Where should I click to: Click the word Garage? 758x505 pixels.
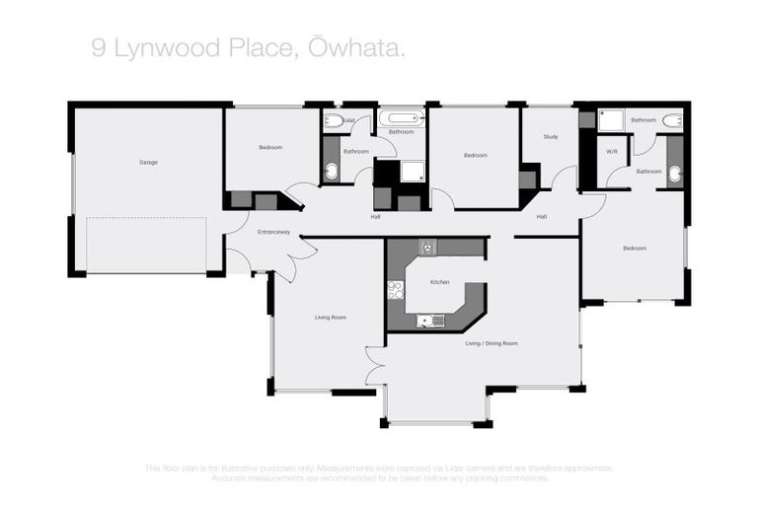click(148, 162)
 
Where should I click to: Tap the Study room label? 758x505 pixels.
click(551, 136)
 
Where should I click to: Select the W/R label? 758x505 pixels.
click(612, 151)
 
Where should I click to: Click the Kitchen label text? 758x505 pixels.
click(440, 282)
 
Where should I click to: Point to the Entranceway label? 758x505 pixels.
click(273, 232)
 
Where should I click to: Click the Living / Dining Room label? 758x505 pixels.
click(492, 343)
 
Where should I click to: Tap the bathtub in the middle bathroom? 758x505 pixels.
click(401, 118)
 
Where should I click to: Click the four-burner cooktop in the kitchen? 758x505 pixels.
click(396, 290)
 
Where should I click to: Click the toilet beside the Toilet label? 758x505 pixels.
click(334, 120)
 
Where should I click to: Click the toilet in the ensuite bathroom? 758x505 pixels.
click(672, 120)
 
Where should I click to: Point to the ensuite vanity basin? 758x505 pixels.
click(675, 175)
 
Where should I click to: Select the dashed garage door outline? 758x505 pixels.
click(146, 246)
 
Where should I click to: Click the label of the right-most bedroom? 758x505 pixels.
click(635, 248)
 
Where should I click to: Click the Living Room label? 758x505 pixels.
click(330, 317)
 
